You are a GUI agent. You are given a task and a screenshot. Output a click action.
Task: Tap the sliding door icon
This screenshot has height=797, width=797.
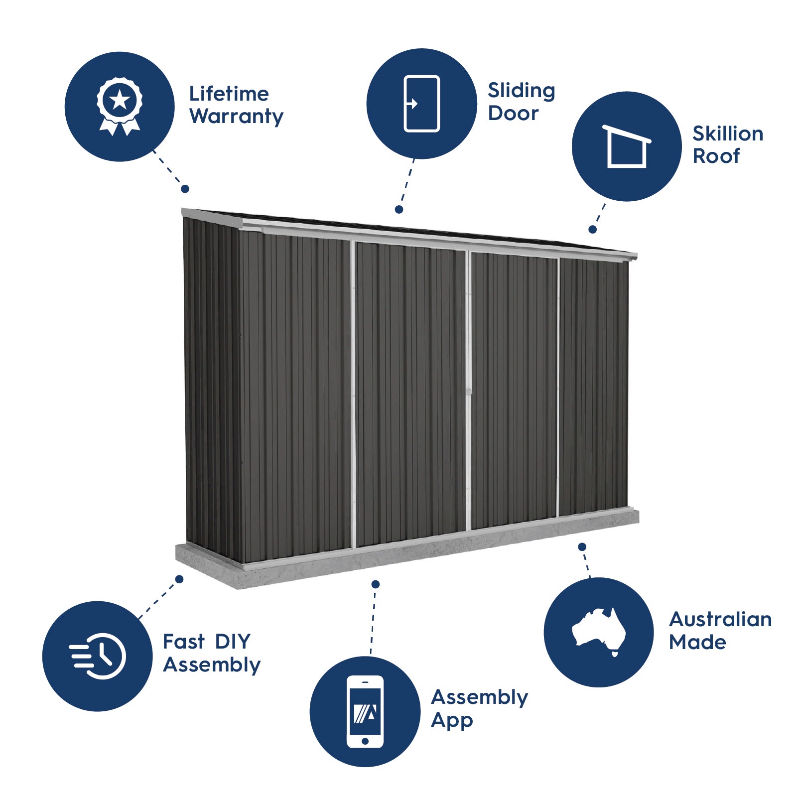click(x=421, y=104)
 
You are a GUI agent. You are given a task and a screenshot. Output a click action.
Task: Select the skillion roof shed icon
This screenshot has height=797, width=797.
click(x=627, y=146)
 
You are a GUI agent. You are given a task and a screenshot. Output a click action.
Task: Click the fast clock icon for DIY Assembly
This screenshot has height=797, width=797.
click(x=98, y=656)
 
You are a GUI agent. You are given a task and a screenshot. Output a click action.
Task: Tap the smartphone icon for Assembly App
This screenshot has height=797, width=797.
click(x=365, y=711)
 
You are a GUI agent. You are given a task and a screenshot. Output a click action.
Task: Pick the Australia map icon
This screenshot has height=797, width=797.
click(x=599, y=632)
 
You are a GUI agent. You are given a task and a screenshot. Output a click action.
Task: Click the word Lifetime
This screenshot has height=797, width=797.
click(x=229, y=94)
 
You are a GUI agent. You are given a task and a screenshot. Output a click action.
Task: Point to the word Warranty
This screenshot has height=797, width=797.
click(x=236, y=117)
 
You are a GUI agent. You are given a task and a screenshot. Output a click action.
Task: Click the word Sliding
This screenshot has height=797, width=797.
click(x=521, y=91)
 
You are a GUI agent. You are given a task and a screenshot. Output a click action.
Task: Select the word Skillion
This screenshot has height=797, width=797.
click(x=727, y=133)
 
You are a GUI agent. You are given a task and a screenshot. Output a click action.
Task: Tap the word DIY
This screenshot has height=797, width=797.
click(x=233, y=642)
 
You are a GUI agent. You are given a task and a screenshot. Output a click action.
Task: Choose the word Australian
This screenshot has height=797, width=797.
click(x=720, y=619)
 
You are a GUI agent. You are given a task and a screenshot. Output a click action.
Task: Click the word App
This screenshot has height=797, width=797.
click(x=452, y=721)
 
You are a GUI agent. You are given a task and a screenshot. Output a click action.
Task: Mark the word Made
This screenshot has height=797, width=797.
click(x=697, y=642)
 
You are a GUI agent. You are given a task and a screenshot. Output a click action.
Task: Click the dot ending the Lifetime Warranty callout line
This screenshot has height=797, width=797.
click(x=185, y=189)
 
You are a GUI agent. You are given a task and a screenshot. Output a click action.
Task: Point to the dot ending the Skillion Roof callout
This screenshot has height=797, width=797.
click(x=592, y=230)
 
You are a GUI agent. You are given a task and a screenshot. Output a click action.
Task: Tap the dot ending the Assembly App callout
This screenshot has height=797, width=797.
click(x=376, y=584)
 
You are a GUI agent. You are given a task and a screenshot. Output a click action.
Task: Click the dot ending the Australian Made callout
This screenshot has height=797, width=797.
click(x=582, y=547)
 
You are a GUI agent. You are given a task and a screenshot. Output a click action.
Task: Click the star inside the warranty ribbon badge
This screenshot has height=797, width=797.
click(x=120, y=100)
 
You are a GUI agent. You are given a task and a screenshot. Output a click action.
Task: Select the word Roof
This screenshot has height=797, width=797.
click(x=716, y=156)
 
